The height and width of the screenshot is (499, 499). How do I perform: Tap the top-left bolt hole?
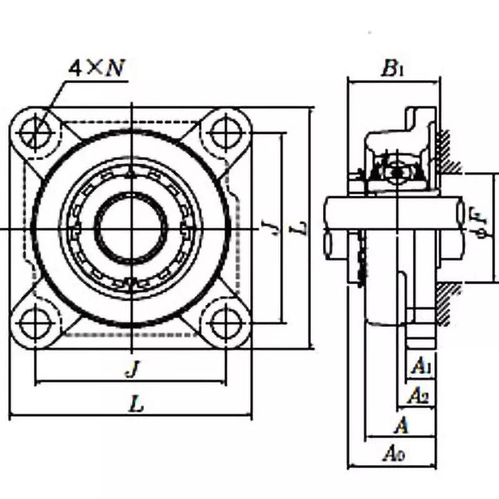(36, 132)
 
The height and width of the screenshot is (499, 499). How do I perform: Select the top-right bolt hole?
(225, 132)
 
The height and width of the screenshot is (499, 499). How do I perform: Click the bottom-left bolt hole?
(36, 323)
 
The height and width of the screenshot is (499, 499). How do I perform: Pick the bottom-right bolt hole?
(225, 323)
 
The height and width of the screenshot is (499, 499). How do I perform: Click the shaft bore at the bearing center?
(130, 228)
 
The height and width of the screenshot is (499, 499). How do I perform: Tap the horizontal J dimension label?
(131, 370)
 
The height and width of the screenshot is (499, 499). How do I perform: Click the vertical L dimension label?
(301, 228)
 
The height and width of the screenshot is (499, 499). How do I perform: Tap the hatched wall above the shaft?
(448, 150)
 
